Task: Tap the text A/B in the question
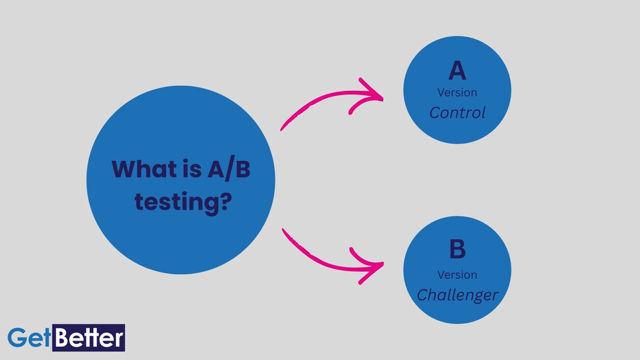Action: (228, 169)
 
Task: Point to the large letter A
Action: (457, 71)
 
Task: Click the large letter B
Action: (457, 250)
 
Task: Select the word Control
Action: (457, 113)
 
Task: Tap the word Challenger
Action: (457, 295)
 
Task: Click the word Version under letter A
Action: (457, 92)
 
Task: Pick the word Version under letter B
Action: (457, 275)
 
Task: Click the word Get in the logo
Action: (29, 338)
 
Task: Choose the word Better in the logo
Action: (88, 338)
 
